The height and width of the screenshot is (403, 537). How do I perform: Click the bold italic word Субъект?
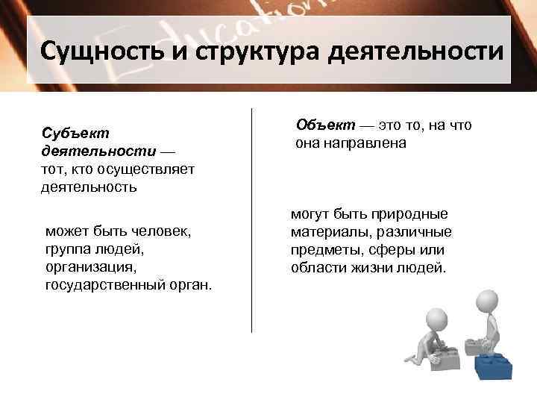coord(75,133)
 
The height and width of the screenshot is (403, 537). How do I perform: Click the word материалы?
coord(327,232)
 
